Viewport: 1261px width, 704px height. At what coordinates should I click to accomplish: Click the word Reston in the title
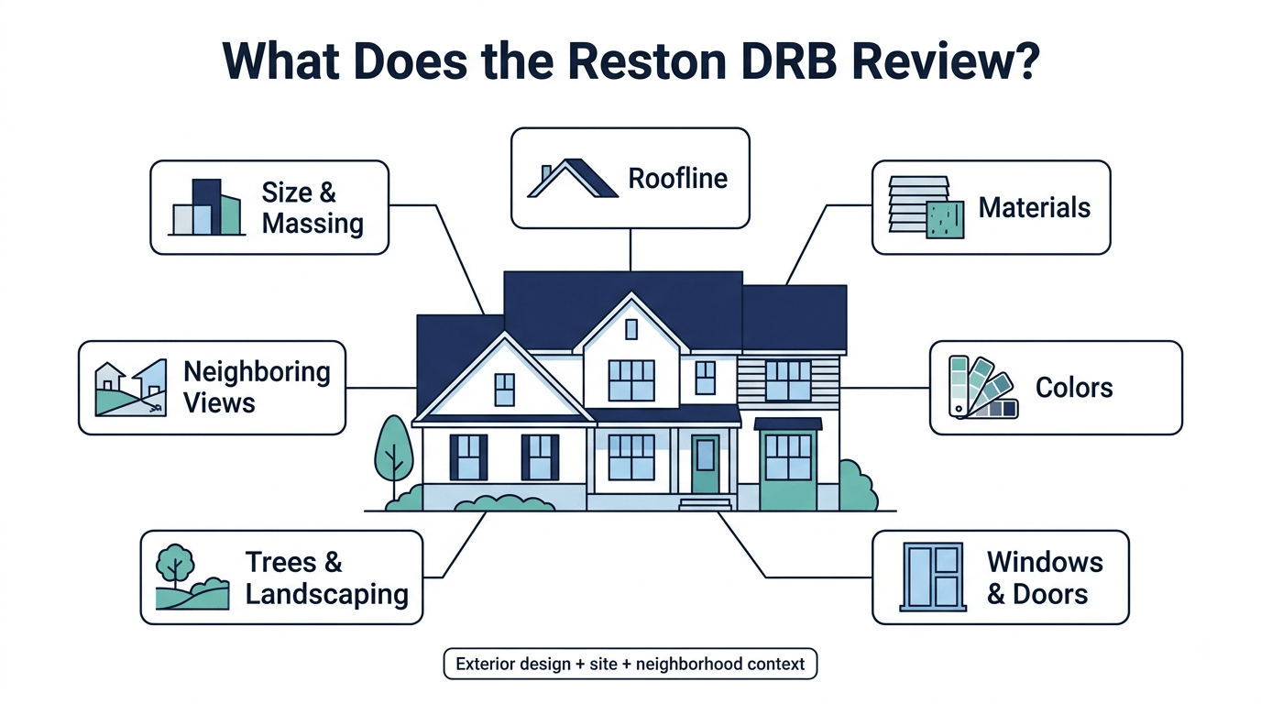coord(647,60)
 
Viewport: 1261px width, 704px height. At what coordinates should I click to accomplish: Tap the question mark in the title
coord(1025,60)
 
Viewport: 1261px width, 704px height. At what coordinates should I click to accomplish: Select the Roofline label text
coord(678,179)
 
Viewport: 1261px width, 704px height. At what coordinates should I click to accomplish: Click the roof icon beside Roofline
coord(573,178)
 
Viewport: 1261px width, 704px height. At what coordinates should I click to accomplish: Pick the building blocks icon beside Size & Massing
coord(206,206)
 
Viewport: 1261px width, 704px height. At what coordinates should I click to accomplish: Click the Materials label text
coord(1034,207)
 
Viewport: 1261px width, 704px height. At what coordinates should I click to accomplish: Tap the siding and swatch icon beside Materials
coord(926,207)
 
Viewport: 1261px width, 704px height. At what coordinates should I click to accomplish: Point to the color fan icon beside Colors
coord(983,388)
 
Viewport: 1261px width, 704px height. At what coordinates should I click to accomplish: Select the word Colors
coord(1074,388)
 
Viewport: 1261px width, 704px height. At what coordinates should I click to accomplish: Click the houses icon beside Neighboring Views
coord(131,388)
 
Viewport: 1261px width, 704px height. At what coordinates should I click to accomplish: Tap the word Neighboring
coord(257,373)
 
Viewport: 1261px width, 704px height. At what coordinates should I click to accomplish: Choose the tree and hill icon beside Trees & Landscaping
coord(192,577)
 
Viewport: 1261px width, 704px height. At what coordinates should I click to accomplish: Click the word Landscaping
coord(327,595)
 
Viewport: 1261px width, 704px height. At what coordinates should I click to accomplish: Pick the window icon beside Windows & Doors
coord(933,577)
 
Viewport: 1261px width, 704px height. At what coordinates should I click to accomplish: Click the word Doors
coord(1050,594)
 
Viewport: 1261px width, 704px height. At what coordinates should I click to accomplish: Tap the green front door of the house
coord(706,464)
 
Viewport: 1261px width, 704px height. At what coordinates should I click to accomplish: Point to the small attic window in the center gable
coord(631,329)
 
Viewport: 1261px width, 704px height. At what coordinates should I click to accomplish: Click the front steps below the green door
coord(705,503)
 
